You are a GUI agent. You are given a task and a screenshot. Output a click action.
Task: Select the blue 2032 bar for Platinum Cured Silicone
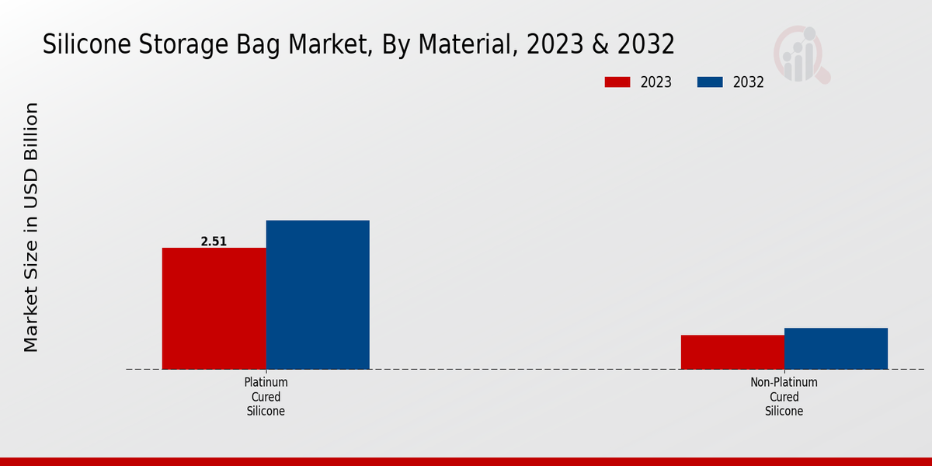coord(318,294)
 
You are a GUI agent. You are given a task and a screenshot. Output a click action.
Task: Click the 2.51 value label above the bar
coord(214,242)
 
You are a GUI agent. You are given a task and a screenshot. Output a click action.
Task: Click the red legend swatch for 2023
coord(617,82)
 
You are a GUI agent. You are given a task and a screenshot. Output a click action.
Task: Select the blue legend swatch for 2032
coord(710,82)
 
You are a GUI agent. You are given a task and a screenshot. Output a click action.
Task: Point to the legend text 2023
coord(656,82)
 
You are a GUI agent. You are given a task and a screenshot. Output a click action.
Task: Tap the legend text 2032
coord(748,82)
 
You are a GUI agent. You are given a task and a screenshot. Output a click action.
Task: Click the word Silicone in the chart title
coord(87,44)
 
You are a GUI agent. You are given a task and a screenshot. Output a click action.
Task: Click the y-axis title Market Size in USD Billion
coord(31,227)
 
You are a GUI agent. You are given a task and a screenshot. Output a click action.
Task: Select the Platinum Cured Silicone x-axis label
coord(266,397)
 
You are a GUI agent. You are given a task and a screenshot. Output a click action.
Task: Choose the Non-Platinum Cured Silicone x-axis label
coord(784,397)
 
